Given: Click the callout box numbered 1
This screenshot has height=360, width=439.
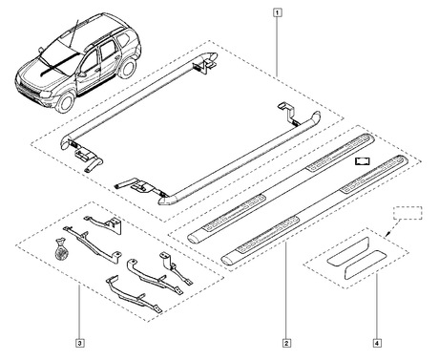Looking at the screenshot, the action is tap(278, 12).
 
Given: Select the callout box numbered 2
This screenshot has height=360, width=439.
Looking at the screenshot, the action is tap(286, 343).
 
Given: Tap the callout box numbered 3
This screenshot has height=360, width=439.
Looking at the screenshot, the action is tap(79, 343).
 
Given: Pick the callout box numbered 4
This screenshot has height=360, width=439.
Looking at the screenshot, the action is tap(377, 343).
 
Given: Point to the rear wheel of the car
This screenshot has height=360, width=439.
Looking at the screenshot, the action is tap(128, 68).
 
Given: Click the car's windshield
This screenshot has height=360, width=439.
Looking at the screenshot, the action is tap(58, 51).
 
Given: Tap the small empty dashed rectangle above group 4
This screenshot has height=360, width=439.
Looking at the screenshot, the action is tap(408, 213).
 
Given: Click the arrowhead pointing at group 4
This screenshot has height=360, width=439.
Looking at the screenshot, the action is tap(387, 235).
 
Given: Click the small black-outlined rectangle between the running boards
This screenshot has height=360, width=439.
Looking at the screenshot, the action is tap(363, 161).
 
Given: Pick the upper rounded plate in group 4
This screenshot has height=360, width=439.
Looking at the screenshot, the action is tap(347, 252).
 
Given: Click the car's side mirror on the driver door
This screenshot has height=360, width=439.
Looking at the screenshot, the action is tap(83, 74).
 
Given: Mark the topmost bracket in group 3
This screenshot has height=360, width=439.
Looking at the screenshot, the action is tap(105, 222).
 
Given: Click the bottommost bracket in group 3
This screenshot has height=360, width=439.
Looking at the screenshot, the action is tap(134, 294).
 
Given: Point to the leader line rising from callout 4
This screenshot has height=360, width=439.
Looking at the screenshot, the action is tap(377, 306).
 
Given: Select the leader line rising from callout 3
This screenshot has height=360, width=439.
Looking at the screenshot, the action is tap(79, 312).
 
